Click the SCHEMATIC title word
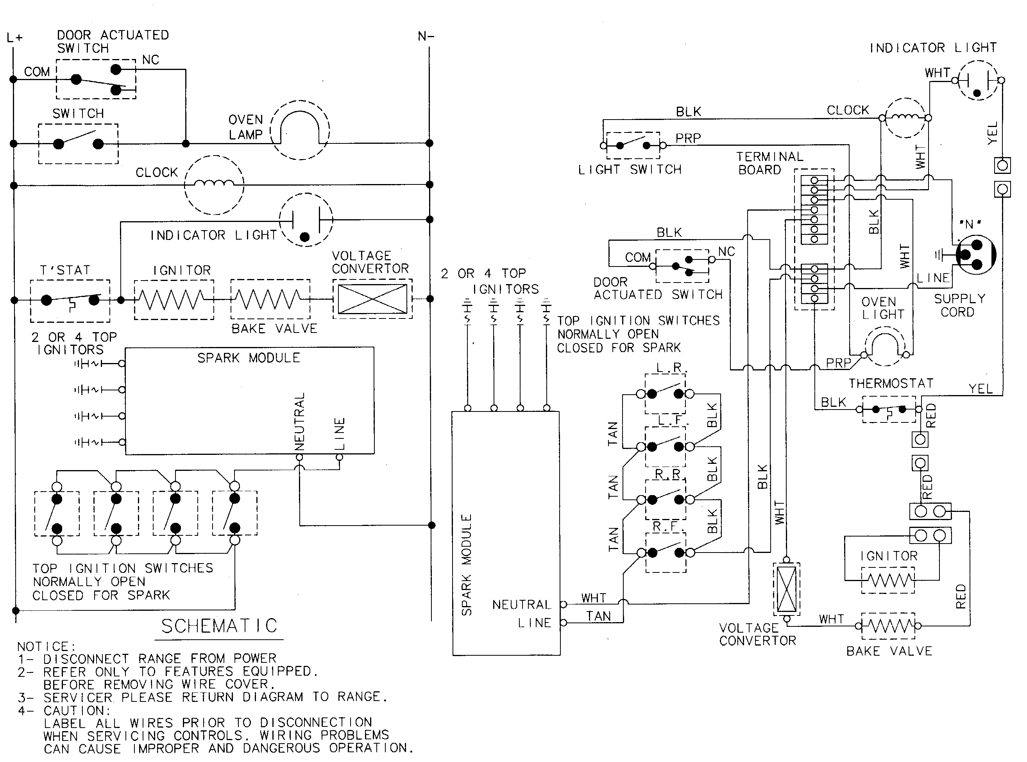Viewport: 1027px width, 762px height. [219, 626]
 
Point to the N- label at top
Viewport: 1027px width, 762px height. [426, 36]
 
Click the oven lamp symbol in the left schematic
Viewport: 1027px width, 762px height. [300, 131]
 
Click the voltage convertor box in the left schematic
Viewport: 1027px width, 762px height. [372, 299]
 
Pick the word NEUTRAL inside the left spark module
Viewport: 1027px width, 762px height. [300, 421]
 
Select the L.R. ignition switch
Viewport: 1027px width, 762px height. [665, 394]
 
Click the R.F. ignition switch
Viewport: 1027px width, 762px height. [666, 552]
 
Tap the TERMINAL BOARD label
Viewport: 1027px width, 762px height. [769, 163]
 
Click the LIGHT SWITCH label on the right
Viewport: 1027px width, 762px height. [630, 170]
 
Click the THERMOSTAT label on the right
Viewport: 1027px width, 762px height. [891, 383]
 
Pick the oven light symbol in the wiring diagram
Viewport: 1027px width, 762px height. [884, 347]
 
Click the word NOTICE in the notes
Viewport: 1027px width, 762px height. [46, 646]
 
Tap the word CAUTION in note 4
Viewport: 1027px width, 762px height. [77, 710]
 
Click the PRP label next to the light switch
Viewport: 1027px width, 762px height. [688, 138]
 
